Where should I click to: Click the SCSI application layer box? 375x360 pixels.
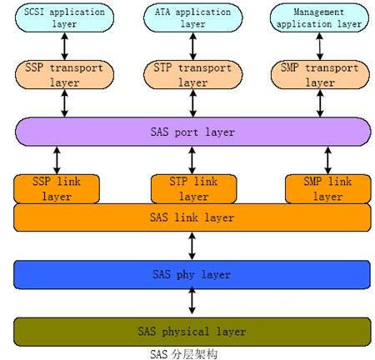tap(64, 17)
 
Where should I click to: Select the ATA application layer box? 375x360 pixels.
tap(193, 17)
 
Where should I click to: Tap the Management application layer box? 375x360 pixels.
tap(319, 17)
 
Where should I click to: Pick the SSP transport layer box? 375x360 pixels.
tap(64, 75)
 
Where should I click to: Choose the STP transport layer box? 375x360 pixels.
tap(193, 75)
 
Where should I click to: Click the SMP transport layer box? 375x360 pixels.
tap(320, 75)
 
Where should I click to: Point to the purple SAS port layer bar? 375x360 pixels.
tap(193, 132)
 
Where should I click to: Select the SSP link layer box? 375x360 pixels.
tap(57, 189)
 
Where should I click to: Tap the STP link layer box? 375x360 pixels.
tap(193, 189)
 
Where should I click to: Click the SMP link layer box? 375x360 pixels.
tap(328, 189)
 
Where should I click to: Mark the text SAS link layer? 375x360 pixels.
tap(192, 217)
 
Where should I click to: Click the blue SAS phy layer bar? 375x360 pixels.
tap(192, 275)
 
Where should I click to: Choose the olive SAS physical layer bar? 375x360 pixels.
tap(192, 332)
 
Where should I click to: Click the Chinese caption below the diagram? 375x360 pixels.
tap(183, 354)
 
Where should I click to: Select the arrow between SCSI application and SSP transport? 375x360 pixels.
tap(64, 47)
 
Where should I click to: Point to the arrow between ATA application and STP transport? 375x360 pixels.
tap(193, 47)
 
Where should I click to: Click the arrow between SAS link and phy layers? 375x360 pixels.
tap(192, 246)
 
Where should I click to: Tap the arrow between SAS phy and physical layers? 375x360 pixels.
tap(192, 301)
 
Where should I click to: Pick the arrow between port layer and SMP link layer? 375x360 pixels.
tap(328, 160)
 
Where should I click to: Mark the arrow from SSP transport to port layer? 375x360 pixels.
tap(64, 103)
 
